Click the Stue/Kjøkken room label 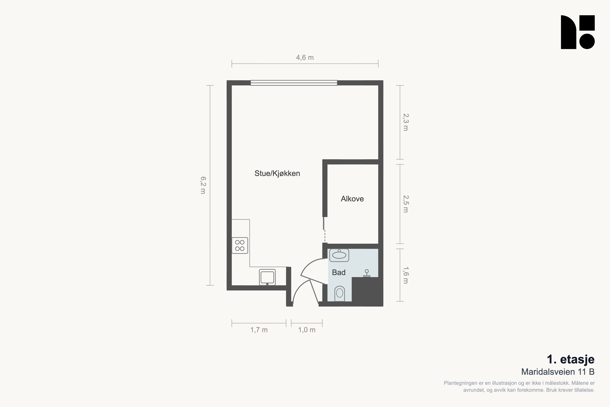point(277,173)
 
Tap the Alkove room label point(352,199)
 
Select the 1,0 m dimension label point(307,330)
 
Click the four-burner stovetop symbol point(240,245)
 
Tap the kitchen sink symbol point(267,277)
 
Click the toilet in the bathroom point(340,294)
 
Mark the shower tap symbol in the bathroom point(367,273)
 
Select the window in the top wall point(294,83)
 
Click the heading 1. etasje point(570,359)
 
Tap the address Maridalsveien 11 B point(558,372)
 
